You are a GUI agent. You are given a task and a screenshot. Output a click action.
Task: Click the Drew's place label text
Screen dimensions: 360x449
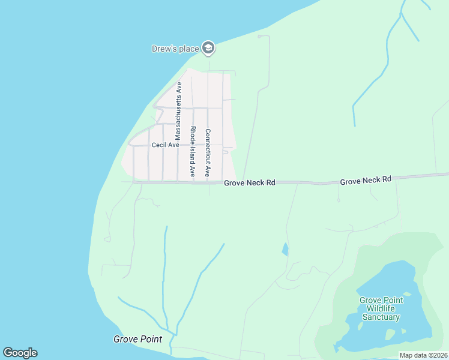point(175,49)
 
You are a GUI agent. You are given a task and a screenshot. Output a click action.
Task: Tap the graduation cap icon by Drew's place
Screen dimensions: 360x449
point(208,48)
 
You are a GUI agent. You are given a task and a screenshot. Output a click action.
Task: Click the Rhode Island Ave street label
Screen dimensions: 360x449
point(193,151)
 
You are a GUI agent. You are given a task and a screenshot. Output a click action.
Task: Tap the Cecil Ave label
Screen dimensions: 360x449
point(165,145)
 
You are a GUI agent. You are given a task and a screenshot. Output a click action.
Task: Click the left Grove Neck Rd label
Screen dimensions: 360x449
point(249,182)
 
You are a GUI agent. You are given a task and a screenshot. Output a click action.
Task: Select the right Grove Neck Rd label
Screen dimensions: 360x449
point(365,179)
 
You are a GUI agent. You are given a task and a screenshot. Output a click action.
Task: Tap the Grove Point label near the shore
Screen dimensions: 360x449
point(137,339)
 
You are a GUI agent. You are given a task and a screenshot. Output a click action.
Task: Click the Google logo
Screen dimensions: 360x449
point(20,353)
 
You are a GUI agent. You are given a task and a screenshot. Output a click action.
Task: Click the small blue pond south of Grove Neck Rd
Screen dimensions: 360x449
point(285,249)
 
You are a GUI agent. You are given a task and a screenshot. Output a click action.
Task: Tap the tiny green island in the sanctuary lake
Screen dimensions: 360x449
point(408,294)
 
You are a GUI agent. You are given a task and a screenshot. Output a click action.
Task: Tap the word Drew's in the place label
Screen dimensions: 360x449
point(163,49)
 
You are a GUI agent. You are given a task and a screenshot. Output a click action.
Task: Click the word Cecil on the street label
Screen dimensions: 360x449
point(158,145)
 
